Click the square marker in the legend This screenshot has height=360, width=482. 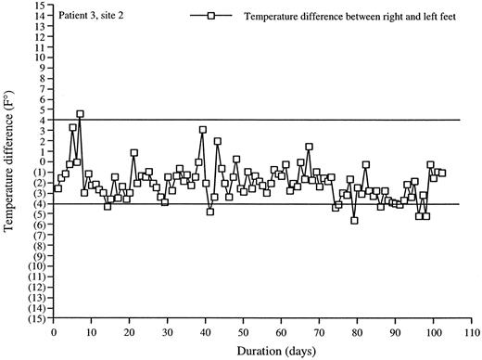coord(211,17)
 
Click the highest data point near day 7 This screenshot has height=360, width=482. coord(81,114)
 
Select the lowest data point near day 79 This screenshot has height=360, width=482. coord(354,220)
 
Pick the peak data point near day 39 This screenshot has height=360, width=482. coord(202,130)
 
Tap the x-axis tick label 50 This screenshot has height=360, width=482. coord(244,331)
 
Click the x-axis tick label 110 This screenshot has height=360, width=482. coord(471,331)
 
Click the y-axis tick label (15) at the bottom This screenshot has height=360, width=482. coord(38,318)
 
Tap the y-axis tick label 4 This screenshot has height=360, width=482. coord(43,120)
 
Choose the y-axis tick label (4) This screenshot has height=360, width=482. coord(40,203)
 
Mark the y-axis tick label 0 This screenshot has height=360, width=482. coord(43,161)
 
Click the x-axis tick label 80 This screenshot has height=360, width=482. coord(357,331)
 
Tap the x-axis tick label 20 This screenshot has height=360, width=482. coord(130,331)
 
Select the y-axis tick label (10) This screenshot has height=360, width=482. coord(38,266)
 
